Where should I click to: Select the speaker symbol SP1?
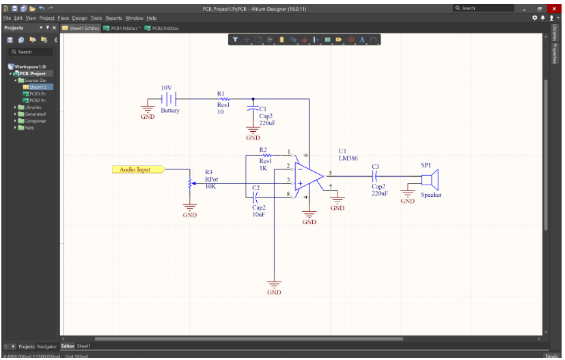click(430, 180)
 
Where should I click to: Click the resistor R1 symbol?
click(223, 99)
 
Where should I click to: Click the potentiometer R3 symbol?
click(189, 183)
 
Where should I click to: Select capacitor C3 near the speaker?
click(376, 176)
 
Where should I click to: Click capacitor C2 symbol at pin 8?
click(256, 197)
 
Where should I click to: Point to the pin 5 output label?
click(330, 173)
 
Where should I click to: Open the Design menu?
click(79, 18)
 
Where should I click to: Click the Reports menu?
click(113, 18)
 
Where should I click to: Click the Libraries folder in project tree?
click(33, 107)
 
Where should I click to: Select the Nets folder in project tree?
click(29, 128)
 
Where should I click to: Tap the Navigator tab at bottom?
click(47, 346)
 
